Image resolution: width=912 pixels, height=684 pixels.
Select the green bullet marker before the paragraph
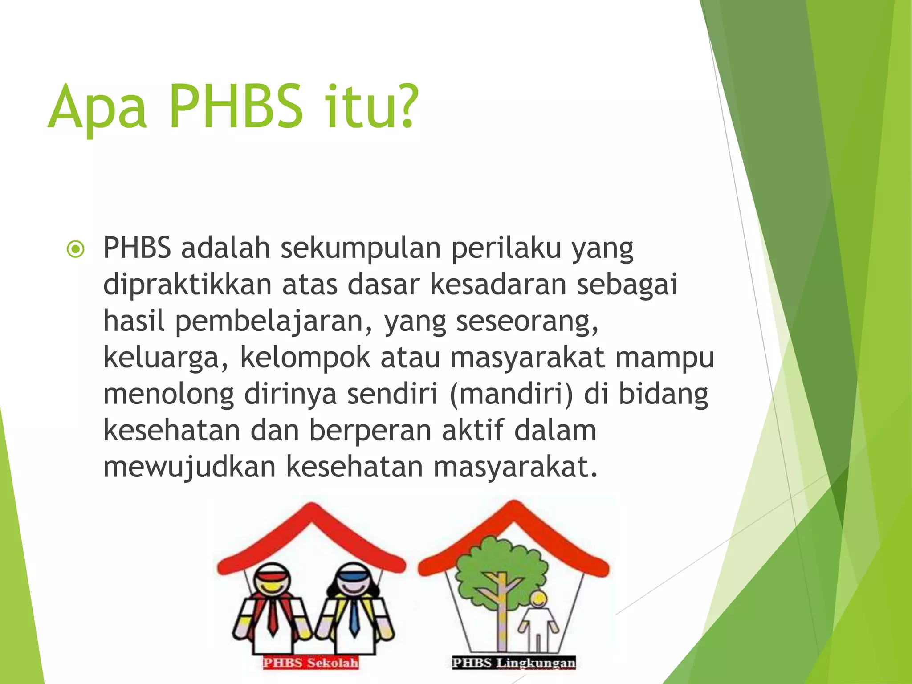click(75, 249)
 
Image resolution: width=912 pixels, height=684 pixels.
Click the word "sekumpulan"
click(361, 248)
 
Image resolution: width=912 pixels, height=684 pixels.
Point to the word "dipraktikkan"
click(187, 285)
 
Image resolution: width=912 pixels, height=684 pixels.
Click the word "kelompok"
click(305, 358)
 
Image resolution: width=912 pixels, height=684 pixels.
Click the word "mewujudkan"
click(189, 468)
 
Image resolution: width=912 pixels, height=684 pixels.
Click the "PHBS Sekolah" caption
click(310, 663)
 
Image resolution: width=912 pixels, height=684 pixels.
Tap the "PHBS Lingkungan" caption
click(513, 663)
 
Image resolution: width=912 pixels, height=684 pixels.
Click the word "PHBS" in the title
click(236, 107)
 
